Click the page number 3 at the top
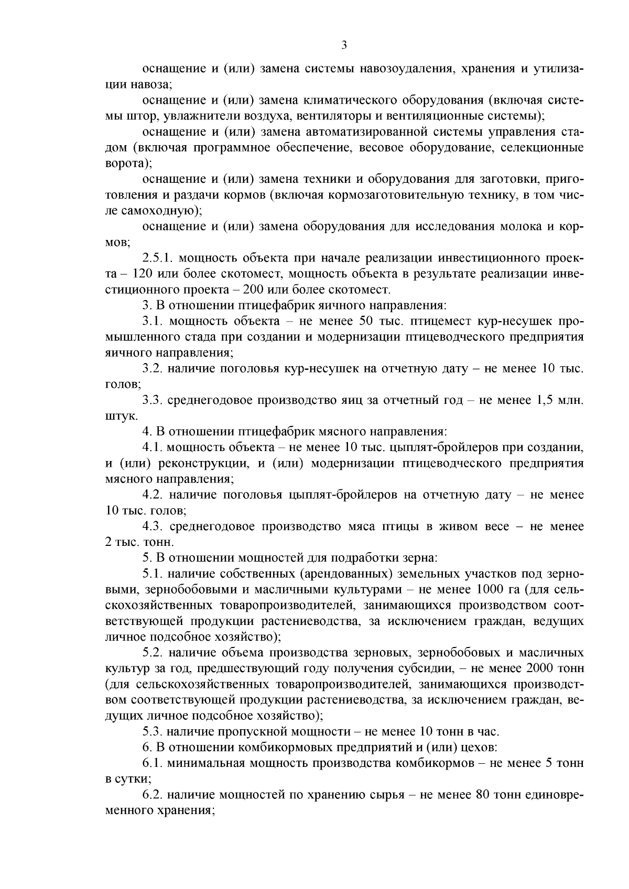[x=344, y=45]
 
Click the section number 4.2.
[x=153, y=495]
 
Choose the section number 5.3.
[x=153, y=732]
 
